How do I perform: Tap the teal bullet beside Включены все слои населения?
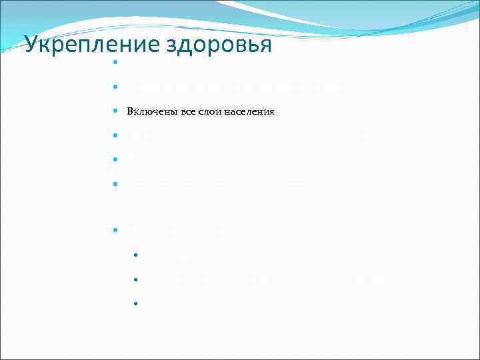115,111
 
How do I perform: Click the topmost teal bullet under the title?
115,63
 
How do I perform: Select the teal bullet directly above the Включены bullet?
115,87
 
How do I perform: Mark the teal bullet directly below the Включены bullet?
115,135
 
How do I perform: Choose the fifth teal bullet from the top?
115,159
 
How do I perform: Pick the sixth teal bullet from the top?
115,182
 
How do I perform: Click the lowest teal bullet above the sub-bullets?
115,230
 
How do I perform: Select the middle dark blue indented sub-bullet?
135,279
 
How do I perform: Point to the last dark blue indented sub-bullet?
135,303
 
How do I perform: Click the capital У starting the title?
31,45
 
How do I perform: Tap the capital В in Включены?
131,111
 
